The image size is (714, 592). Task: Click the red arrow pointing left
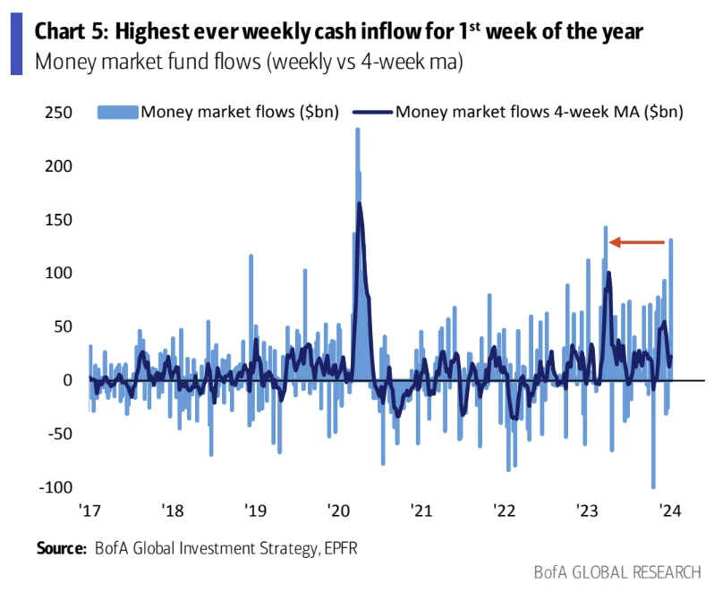tap(637, 241)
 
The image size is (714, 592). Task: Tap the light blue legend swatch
tap(117, 112)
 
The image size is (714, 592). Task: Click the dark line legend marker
tap(373, 112)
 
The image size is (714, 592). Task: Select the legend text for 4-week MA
tap(540, 112)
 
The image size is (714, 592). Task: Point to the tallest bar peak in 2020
tap(357, 130)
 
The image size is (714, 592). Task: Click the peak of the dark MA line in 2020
tap(360, 204)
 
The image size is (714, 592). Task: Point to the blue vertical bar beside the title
tap(15, 45)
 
